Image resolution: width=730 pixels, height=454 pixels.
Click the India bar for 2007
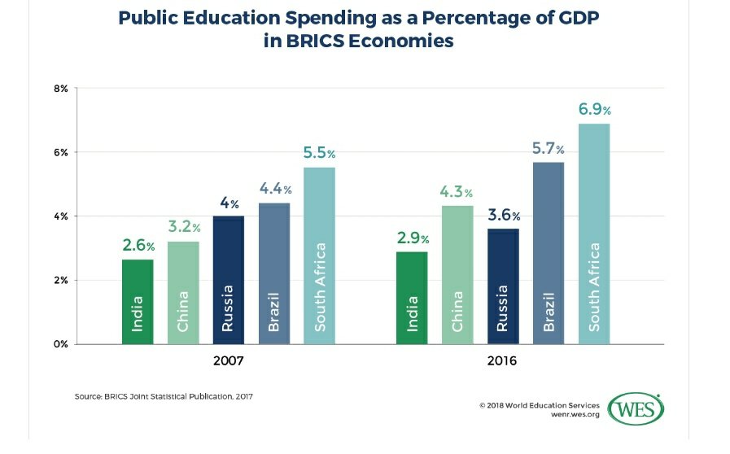[x=138, y=301]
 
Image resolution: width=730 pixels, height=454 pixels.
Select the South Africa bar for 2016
[x=594, y=234]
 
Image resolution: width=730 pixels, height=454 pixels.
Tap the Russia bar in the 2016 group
[x=502, y=286]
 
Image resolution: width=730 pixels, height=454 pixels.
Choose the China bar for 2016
[x=457, y=274]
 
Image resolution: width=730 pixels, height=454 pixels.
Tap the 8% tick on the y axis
[x=61, y=88]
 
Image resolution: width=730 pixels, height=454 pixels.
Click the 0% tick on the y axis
[x=61, y=344]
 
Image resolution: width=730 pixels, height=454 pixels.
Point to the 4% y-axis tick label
[x=61, y=216]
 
